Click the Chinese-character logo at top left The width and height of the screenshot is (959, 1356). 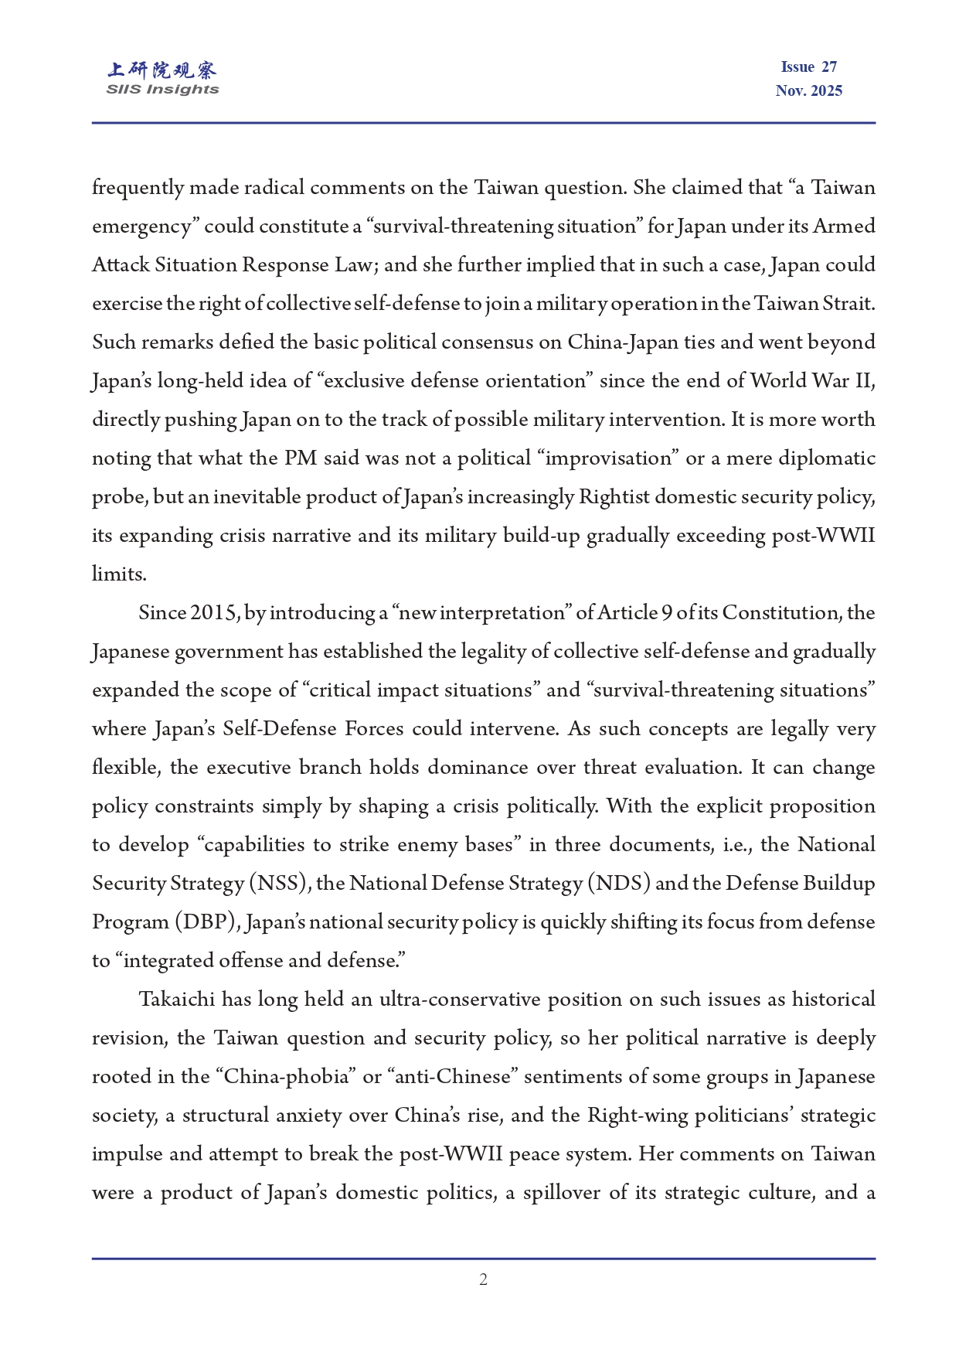pyautogui.click(x=162, y=70)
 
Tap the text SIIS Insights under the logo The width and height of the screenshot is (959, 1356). pyautogui.click(x=162, y=90)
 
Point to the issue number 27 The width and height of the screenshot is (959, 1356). pyautogui.click(x=829, y=67)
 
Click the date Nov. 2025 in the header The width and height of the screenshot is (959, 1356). pyautogui.click(x=808, y=90)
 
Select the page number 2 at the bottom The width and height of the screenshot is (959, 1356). pyautogui.click(x=483, y=1279)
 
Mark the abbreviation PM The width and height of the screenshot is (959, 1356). pyautogui.click(x=301, y=458)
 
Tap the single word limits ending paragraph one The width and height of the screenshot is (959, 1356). pyautogui.click(x=118, y=574)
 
